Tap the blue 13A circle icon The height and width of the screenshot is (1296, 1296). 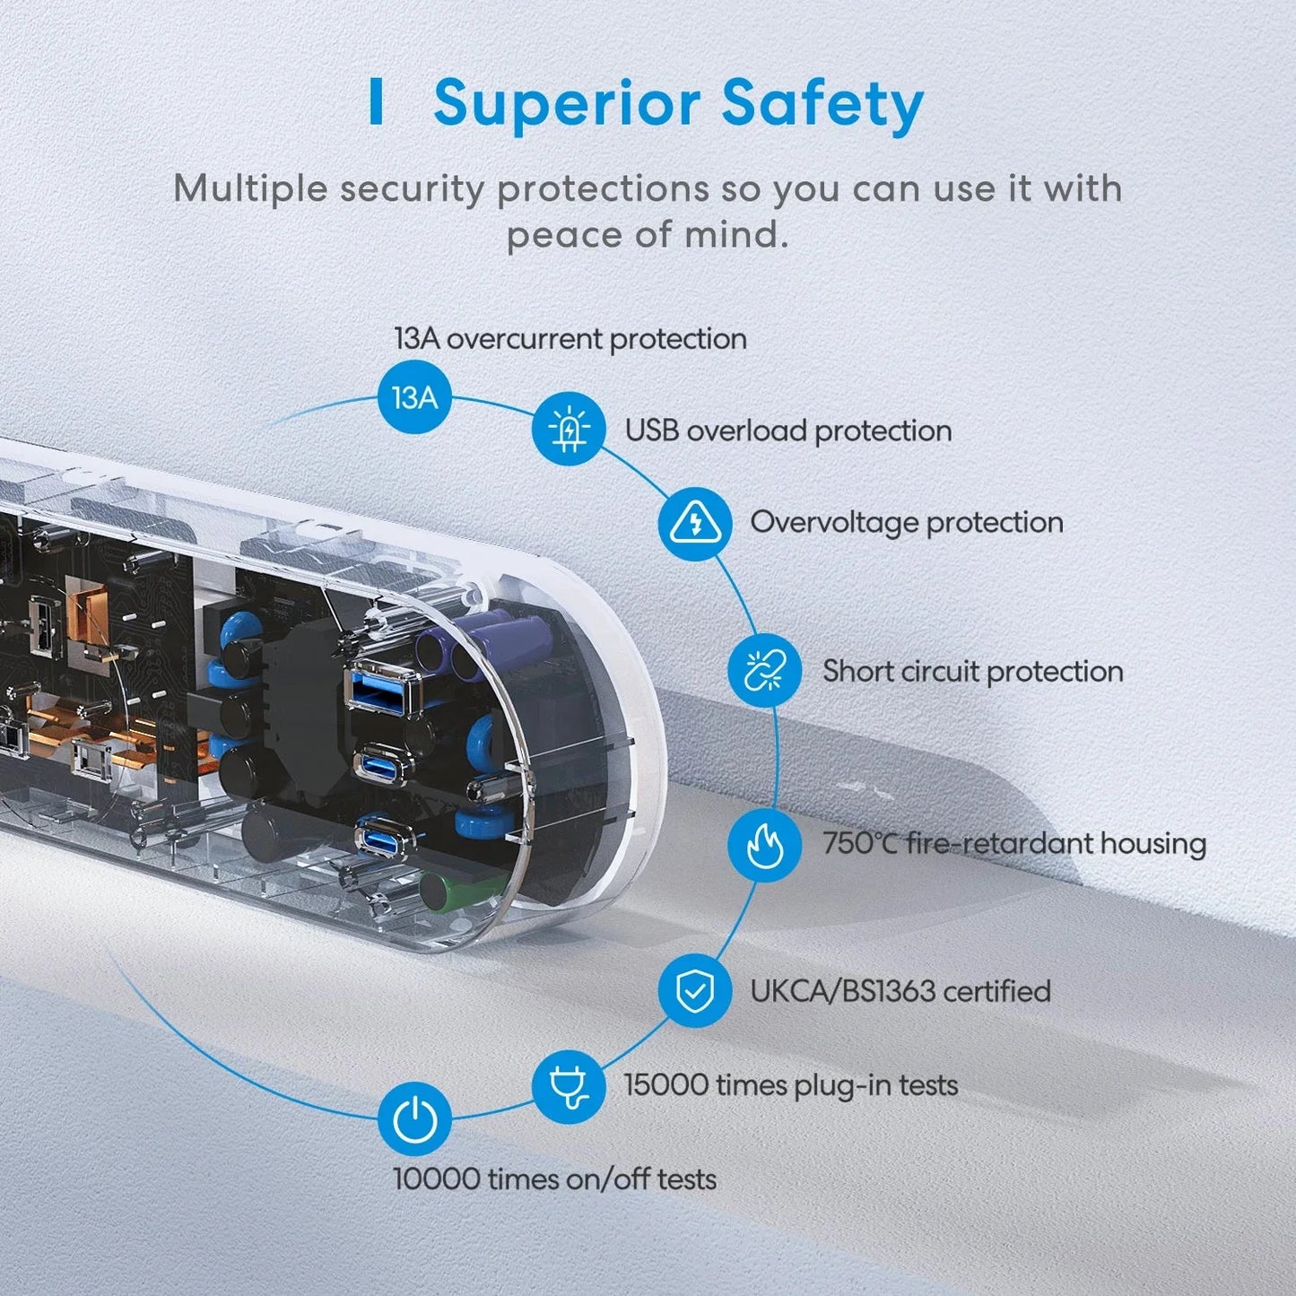tap(414, 397)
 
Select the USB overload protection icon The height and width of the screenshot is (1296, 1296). tap(568, 430)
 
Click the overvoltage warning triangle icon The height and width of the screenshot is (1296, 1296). tap(694, 523)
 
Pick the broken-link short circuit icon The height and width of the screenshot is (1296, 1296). tap(764, 670)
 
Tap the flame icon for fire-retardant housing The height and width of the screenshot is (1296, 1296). tap(764, 844)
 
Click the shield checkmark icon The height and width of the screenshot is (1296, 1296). tap(694, 991)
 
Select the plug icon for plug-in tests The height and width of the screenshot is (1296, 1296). tap(568, 1086)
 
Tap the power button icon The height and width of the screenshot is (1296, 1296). tap(414, 1119)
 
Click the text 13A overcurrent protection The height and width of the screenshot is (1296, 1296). tap(570, 339)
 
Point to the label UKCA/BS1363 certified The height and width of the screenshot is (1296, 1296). tap(900, 991)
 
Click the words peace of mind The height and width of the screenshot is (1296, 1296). tap(648, 235)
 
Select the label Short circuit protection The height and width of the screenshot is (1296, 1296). tap(972, 671)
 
